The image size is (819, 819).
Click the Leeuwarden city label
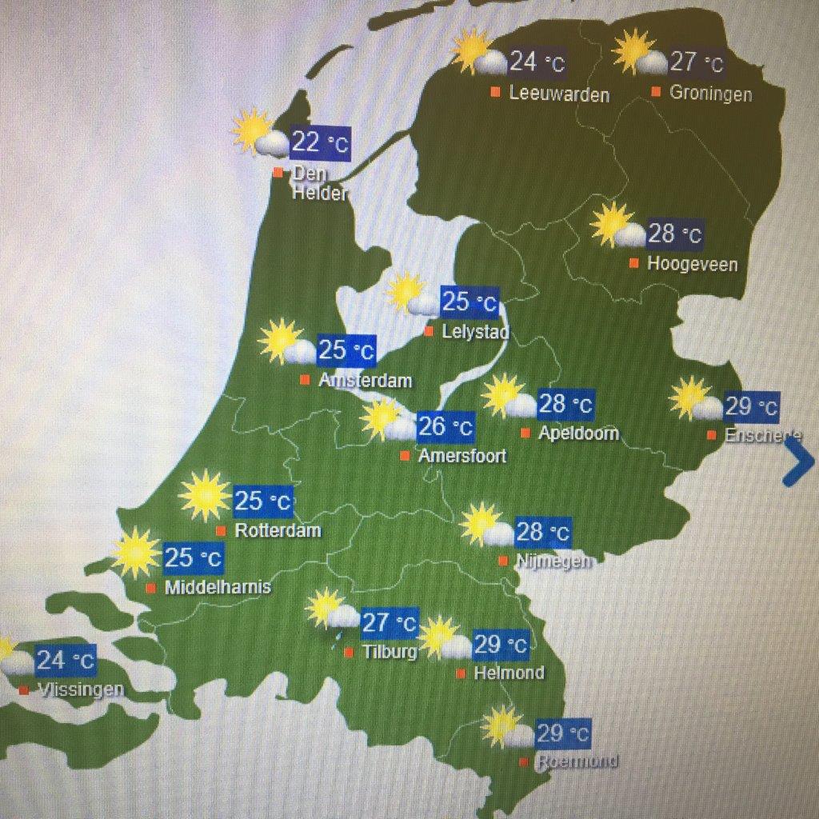559,94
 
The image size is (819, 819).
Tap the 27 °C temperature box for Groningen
697,62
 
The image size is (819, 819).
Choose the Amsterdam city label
365,380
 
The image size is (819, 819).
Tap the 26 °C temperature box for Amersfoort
445,426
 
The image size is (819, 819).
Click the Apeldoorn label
578,434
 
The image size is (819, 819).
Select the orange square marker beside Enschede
711,435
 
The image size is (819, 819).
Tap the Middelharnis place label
218,588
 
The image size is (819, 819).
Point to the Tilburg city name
389,652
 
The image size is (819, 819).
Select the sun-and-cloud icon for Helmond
445,638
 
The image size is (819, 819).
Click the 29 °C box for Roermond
563,733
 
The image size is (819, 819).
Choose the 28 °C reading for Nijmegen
543,531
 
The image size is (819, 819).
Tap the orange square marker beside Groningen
656,92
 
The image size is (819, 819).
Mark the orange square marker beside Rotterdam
221,530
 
